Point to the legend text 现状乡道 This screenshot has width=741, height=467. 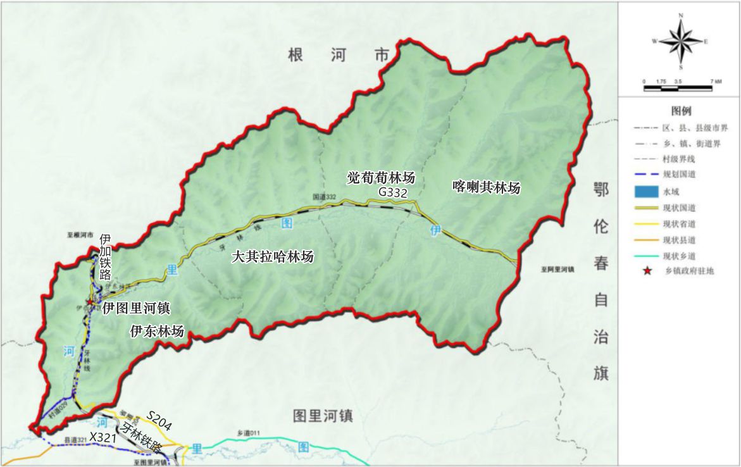tap(679, 256)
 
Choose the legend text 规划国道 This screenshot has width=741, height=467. tap(679, 174)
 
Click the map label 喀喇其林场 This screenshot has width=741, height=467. tap(487, 187)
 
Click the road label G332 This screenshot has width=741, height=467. tap(392, 192)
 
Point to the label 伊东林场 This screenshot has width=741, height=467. tap(157, 331)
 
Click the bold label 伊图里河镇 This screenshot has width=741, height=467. tap(137, 309)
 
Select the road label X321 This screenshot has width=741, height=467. tap(102, 437)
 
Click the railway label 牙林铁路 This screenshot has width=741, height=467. tap(144, 438)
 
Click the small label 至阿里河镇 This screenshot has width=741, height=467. tap(557, 269)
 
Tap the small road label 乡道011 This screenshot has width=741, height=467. tap(249, 433)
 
